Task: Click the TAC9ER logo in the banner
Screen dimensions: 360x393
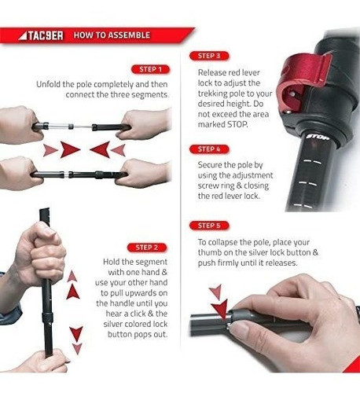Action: pyautogui.click(x=41, y=35)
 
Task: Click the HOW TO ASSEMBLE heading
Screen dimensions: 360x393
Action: pyautogui.click(x=112, y=35)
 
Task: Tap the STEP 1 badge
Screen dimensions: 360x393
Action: pyautogui.click(x=150, y=69)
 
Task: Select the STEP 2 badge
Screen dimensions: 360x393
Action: pyautogui.click(x=147, y=248)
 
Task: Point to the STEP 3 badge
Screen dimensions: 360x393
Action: pyautogui.click(x=209, y=56)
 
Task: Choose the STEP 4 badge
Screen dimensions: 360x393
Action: pyautogui.click(x=209, y=149)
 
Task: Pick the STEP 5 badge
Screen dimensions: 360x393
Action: pyautogui.click(x=209, y=226)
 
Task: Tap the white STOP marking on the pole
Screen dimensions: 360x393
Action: pyautogui.click(x=318, y=137)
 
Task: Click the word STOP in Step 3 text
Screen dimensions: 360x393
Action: pyautogui.click(x=237, y=124)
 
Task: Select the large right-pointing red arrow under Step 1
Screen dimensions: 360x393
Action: pyautogui.click(x=69, y=149)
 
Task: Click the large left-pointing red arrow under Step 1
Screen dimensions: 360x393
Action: pyautogui.click(x=100, y=149)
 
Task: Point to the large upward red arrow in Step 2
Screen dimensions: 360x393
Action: pyautogui.click(x=73, y=292)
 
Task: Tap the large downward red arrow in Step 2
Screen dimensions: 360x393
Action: pyautogui.click(x=76, y=334)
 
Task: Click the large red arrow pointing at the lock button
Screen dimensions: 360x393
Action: pyautogui.click(x=220, y=310)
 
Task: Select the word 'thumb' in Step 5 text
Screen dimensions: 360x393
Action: pyautogui.click(x=210, y=252)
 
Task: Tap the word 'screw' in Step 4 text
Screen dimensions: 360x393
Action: pyautogui.click(x=209, y=186)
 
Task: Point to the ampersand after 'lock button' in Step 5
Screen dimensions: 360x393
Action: pyautogui.click(x=315, y=252)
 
